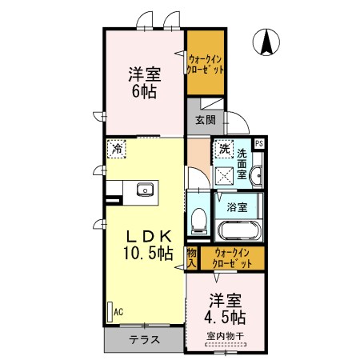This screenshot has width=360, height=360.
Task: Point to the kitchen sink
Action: pyautogui.click(x=145, y=190)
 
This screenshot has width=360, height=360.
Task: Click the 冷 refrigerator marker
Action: pyautogui.click(x=118, y=149)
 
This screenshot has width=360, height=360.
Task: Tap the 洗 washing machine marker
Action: pyautogui.click(x=225, y=149)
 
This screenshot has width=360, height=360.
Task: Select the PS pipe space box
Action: pyautogui.click(x=258, y=144)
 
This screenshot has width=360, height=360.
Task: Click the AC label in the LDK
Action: pyautogui.click(x=118, y=311)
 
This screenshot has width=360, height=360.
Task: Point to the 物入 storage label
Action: pyautogui.click(x=192, y=258)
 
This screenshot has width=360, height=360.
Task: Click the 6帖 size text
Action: pyautogui.click(x=145, y=91)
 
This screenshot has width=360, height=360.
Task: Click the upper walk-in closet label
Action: pyautogui.click(x=206, y=63)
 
